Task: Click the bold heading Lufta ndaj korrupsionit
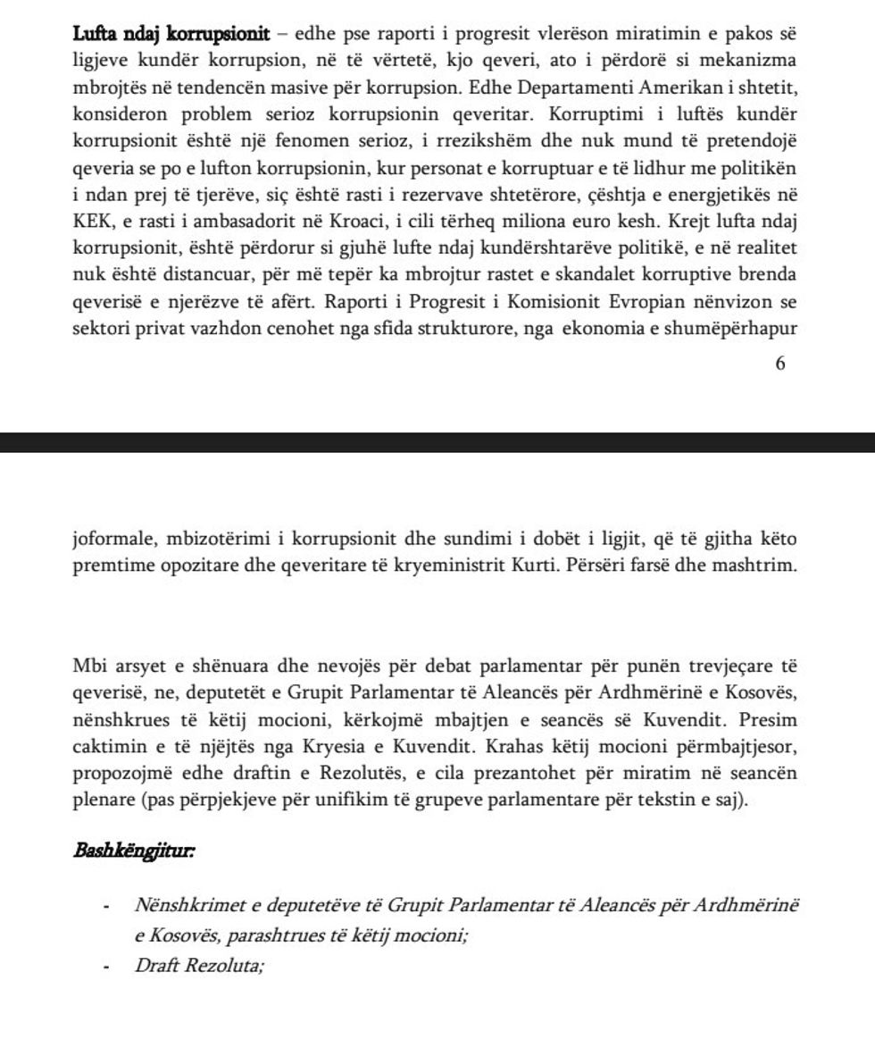click(x=171, y=35)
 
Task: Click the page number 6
click(x=780, y=364)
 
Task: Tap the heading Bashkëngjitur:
click(x=135, y=850)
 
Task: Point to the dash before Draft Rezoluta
click(x=106, y=966)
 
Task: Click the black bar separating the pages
click(x=437, y=442)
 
